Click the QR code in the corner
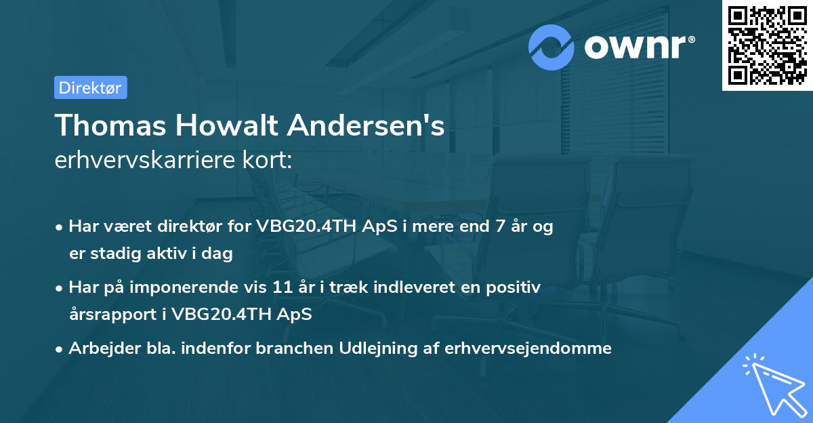pyautogui.click(x=768, y=45)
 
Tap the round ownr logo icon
pyautogui.click(x=551, y=47)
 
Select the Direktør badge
pyautogui.click(x=91, y=87)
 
